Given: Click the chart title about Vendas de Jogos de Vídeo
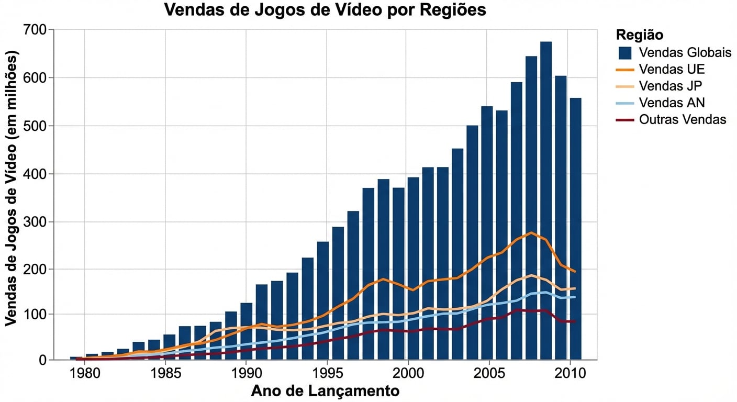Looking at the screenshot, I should (x=325, y=10).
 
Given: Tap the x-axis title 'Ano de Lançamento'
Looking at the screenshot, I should (x=325, y=391).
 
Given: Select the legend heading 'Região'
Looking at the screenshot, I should (x=640, y=35).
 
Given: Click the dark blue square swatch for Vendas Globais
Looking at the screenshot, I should (x=625, y=53).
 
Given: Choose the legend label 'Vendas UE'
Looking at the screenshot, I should (x=672, y=70).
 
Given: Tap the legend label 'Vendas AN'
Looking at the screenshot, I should (x=672, y=103).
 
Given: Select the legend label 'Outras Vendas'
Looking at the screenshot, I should (x=682, y=120).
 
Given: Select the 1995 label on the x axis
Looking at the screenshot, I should (x=327, y=374).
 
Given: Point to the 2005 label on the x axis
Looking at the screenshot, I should (x=488, y=374).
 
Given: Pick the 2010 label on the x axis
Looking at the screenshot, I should (x=568, y=374).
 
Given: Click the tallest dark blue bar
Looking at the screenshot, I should (x=546, y=199).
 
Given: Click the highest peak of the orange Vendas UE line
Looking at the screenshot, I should (x=531, y=232).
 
